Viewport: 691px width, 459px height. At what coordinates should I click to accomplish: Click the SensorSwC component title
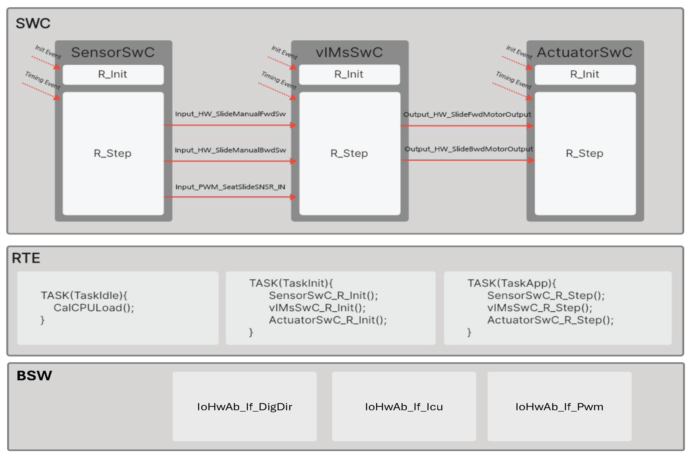(x=113, y=52)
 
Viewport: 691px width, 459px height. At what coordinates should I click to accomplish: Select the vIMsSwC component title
(x=349, y=52)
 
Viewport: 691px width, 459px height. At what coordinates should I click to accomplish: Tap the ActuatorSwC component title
(x=584, y=52)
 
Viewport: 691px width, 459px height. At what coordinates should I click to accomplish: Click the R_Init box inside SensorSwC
(x=113, y=74)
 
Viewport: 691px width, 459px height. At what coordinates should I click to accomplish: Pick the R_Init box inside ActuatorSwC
(x=585, y=74)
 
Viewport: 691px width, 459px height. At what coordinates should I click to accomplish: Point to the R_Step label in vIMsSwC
(x=349, y=153)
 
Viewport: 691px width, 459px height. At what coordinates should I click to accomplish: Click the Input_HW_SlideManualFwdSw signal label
(x=230, y=114)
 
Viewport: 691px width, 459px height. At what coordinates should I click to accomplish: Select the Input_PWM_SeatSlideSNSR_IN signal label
(x=230, y=187)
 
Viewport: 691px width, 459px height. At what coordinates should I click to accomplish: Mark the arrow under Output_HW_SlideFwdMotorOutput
(x=467, y=126)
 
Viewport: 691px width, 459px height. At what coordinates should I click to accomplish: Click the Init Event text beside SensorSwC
(x=48, y=52)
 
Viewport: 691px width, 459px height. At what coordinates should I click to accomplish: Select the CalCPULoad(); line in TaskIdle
(x=93, y=308)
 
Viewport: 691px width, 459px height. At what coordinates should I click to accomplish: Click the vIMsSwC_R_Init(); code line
(x=317, y=308)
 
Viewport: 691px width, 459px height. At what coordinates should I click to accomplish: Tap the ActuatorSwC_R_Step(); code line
(x=550, y=320)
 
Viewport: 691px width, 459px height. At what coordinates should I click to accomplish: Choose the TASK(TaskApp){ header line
(x=511, y=283)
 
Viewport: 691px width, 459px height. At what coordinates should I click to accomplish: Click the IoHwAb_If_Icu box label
(x=404, y=407)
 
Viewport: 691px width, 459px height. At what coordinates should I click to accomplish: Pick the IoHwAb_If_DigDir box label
(x=244, y=407)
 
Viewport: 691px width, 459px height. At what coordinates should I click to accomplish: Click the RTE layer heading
(x=26, y=258)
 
